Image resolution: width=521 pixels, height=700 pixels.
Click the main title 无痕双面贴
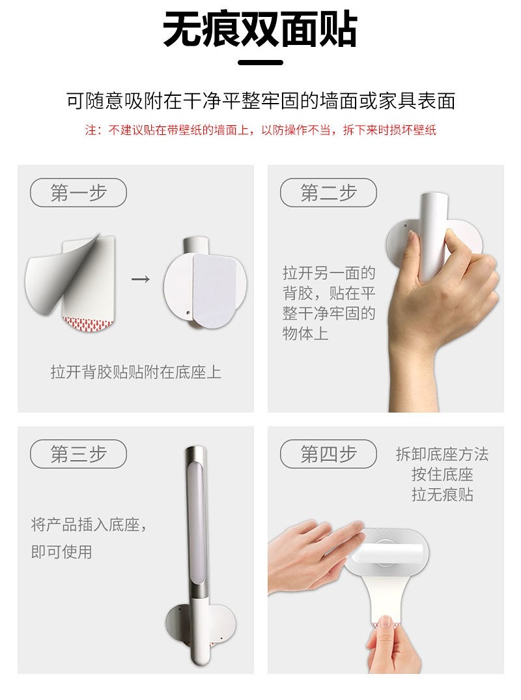(x=260, y=29)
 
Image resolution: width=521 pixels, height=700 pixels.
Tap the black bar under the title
(x=260, y=63)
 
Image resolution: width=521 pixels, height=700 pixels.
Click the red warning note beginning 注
(x=260, y=130)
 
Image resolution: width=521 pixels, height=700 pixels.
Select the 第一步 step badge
(x=79, y=193)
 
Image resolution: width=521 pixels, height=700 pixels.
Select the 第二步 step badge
(x=328, y=193)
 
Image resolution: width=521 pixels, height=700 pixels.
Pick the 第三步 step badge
(x=79, y=454)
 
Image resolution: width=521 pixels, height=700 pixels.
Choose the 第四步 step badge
(x=328, y=454)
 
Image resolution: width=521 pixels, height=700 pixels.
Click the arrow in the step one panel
(x=141, y=280)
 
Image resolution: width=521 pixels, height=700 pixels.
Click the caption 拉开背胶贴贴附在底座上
(x=135, y=372)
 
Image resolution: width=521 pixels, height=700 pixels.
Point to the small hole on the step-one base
(x=188, y=313)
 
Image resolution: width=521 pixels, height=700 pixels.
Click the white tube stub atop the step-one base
(x=196, y=245)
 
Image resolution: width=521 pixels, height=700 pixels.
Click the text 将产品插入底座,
(x=89, y=525)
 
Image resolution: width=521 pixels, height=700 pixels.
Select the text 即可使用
(x=62, y=552)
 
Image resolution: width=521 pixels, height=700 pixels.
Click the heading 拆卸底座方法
(x=442, y=454)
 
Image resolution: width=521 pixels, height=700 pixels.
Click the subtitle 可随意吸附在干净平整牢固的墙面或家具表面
(x=260, y=101)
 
